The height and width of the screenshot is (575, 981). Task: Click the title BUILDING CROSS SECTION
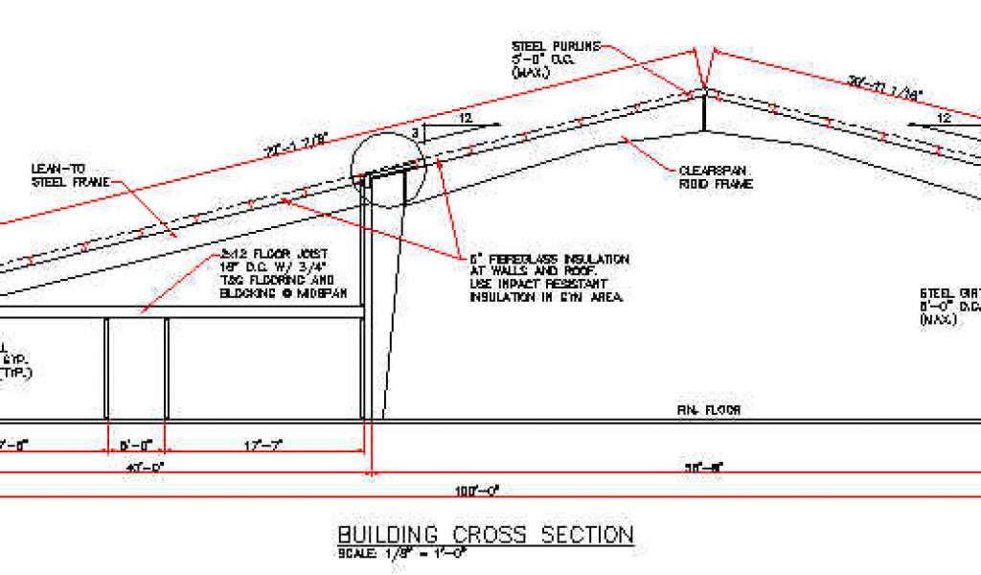pos(485,535)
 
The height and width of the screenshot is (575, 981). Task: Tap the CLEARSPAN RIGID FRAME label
pos(714,177)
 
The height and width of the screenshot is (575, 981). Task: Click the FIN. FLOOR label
pos(709,410)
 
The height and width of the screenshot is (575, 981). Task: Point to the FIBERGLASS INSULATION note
pos(548,278)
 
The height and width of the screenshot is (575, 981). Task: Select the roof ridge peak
pos(704,91)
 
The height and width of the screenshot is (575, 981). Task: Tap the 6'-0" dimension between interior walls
pos(135,446)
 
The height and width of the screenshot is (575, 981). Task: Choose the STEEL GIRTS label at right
pos(948,307)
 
